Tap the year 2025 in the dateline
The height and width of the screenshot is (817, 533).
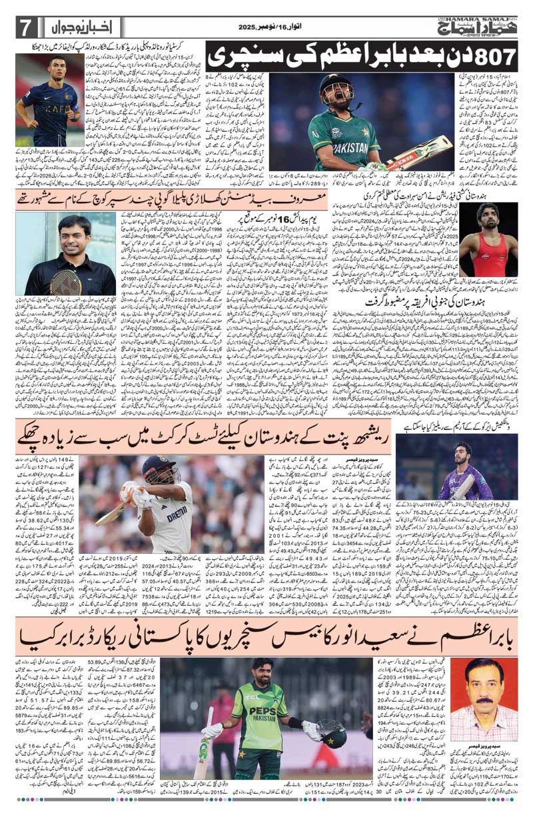[x=249, y=27]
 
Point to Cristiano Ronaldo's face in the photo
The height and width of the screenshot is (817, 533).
[x=57, y=69]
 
